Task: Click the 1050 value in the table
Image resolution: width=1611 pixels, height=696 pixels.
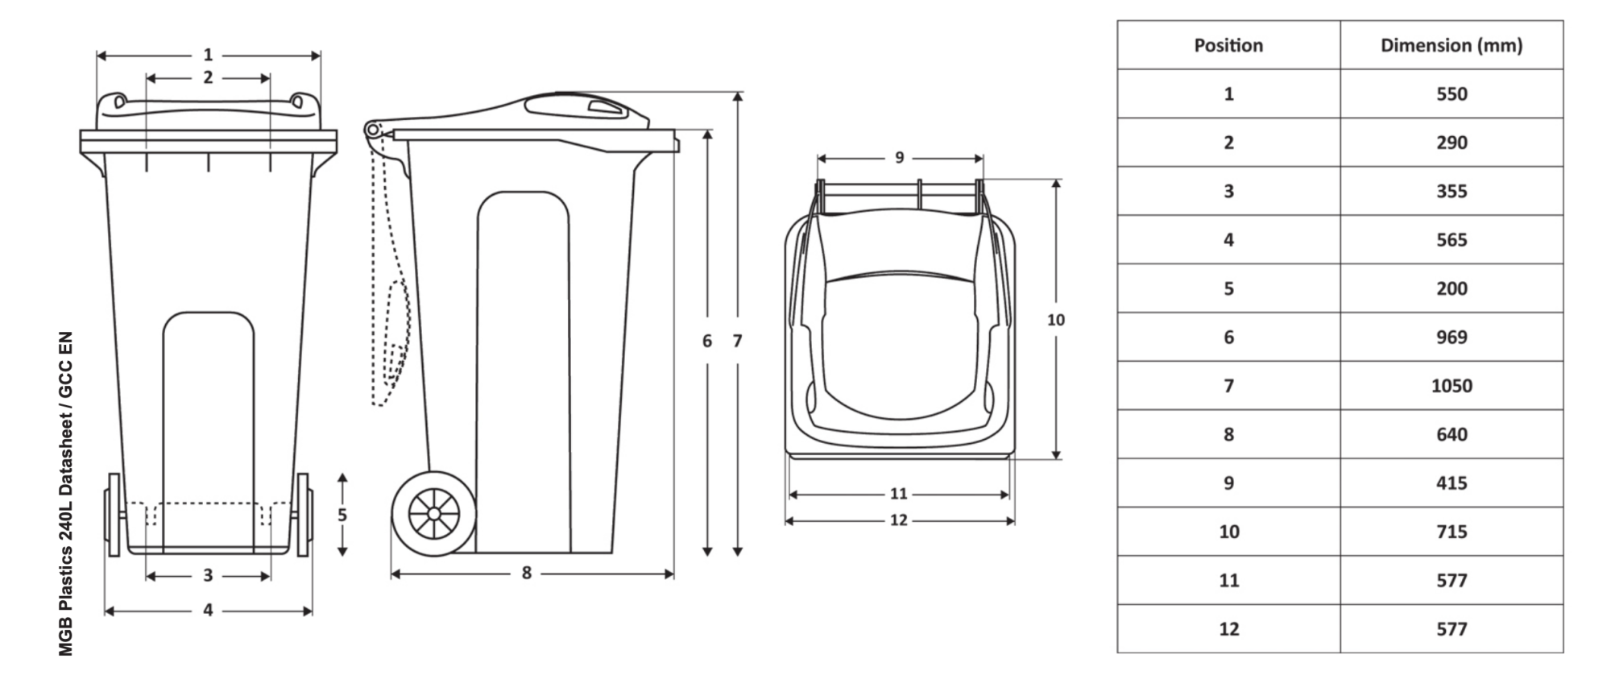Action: point(1451,386)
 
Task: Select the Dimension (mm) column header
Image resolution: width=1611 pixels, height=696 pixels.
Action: point(1451,45)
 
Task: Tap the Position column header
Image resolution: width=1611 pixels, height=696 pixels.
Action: point(1228,45)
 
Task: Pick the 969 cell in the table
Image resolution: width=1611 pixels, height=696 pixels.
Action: point(1451,337)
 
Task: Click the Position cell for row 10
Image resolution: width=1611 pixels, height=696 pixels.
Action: point(1228,532)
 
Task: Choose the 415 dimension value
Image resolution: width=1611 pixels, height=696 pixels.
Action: point(1451,483)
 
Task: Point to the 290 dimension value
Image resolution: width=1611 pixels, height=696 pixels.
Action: point(1451,143)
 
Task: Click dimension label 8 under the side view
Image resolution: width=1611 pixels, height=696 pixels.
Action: point(526,573)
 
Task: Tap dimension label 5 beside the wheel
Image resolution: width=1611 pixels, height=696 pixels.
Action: point(342,515)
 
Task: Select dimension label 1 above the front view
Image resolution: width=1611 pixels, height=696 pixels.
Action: point(208,55)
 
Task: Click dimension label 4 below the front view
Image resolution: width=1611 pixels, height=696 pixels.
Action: point(208,611)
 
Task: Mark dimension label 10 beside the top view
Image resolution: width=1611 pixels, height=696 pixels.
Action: point(1055,320)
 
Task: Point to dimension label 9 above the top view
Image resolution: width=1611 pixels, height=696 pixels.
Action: point(900,157)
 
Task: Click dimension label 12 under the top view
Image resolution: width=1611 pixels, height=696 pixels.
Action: point(899,520)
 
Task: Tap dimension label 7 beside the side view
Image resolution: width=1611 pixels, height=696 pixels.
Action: point(737,341)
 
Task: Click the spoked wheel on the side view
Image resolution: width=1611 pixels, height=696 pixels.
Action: point(433,514)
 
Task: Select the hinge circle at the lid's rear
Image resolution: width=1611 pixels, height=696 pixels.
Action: point(372,130)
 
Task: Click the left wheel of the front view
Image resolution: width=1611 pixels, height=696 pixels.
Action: point(114,515)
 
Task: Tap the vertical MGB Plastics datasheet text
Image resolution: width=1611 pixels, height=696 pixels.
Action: point(66,493)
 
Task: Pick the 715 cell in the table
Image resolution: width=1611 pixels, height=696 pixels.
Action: point(1451,532)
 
